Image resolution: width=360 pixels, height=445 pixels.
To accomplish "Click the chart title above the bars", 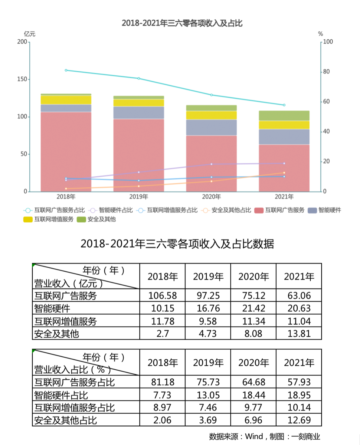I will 182,23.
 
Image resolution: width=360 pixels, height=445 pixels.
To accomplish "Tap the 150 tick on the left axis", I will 22,79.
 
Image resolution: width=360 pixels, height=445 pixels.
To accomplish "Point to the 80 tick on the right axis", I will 326,71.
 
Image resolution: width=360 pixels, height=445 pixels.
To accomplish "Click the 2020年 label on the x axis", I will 211,197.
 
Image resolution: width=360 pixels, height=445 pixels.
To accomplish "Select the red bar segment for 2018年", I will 66,152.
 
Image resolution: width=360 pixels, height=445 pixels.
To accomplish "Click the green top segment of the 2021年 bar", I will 284,115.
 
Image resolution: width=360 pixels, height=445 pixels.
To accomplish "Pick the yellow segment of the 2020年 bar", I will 211,115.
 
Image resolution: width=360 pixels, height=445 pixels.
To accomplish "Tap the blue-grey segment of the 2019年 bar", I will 139,113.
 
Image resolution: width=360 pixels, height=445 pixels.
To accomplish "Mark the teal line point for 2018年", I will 66,70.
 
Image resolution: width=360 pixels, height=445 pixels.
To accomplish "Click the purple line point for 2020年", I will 211,164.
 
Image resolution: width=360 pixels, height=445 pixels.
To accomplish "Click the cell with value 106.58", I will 163,296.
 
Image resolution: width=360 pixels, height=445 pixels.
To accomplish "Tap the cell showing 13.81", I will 299,334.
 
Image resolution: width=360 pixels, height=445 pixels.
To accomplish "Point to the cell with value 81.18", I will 163,382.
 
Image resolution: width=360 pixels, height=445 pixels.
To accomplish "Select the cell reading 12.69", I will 299,420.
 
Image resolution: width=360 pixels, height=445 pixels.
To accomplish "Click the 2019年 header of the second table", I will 208,363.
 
